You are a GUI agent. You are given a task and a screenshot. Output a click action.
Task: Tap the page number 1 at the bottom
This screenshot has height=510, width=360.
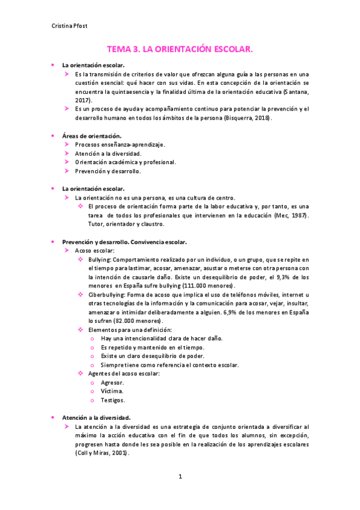(180, 476)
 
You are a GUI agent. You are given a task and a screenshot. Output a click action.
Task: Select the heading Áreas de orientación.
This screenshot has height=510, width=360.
(92, 136)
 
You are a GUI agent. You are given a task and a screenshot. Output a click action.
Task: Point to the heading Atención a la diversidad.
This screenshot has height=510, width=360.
(96, 417)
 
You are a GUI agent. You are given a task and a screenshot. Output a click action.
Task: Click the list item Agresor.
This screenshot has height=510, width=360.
(113, 382)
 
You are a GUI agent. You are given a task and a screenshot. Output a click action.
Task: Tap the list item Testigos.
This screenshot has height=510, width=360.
(114, 400)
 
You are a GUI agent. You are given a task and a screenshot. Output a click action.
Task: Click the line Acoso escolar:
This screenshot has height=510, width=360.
(94, 250)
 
